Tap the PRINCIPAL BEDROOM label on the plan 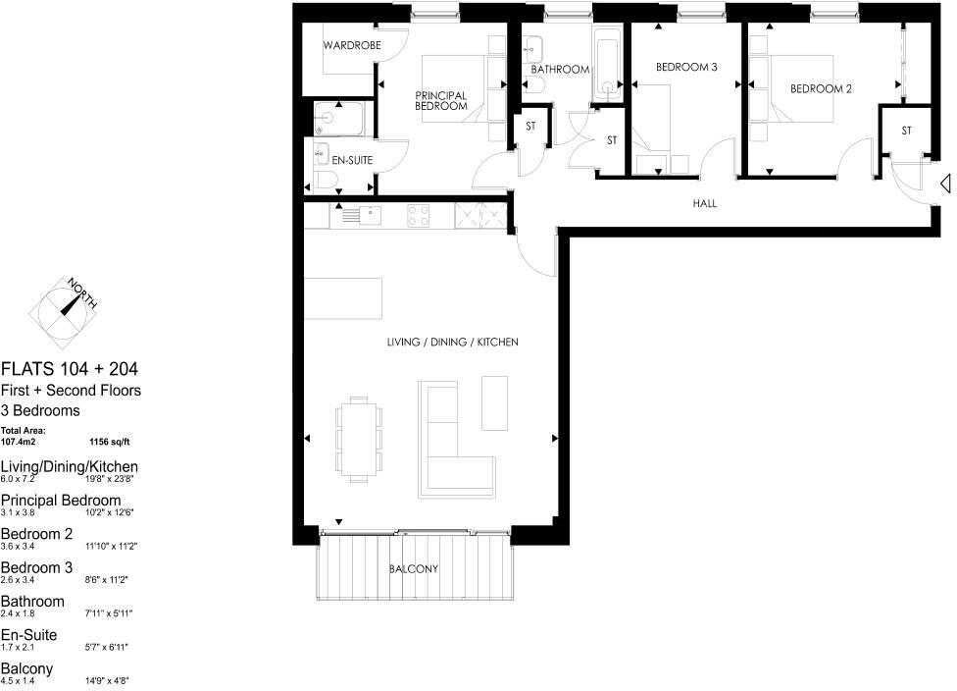coord(440,100)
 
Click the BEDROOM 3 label coord(687,68)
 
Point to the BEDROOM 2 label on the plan coord(821,88)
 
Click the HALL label coord(704,204)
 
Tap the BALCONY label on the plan coord(413,569)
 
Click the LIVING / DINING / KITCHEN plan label coord(452,343)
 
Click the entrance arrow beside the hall coord(945,184)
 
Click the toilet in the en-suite coord(325,178)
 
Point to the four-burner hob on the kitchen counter coord(419,213)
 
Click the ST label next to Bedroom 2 coord(906,131)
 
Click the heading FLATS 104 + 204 coord(69,369)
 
